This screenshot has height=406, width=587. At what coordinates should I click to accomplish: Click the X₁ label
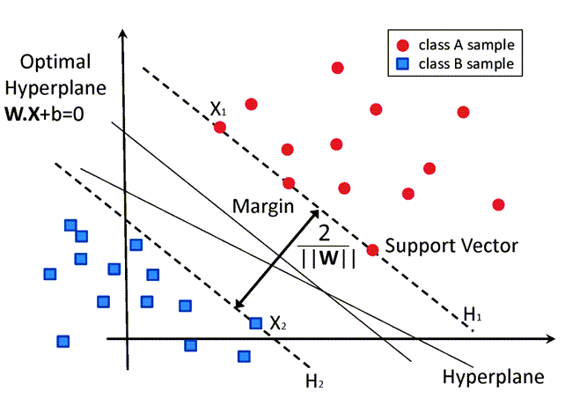pos(217,109)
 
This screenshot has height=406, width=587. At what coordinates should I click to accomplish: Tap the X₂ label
pos(278,324)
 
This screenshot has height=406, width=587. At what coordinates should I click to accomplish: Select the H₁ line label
pos(473,314)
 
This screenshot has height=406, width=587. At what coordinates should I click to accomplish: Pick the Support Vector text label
pos(451,245)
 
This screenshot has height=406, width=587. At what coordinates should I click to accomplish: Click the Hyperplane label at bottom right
pos(493,376)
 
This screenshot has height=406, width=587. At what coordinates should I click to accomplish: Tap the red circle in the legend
pos(403,44)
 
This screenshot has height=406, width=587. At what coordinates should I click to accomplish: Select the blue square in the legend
pos(403,63)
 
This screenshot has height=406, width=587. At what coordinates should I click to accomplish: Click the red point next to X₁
pos(220,127)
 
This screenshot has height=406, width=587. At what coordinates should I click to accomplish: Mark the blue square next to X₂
pos(255,323)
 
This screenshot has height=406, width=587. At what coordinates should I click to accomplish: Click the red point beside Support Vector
pos(372,250)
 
